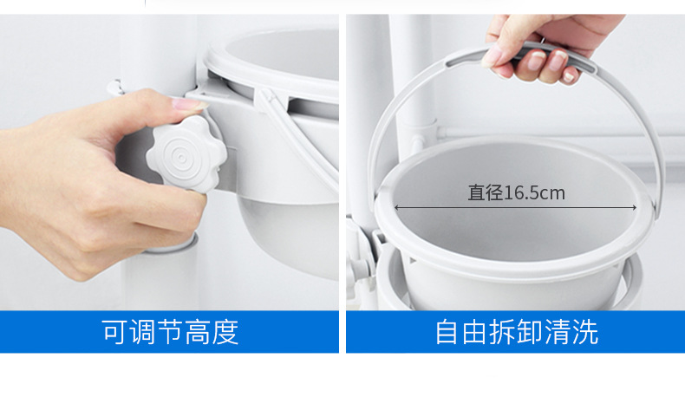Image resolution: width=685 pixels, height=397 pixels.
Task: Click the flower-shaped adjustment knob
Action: [x=186, y=153]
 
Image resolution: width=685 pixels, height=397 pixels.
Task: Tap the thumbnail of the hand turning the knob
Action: [x=169, y=162]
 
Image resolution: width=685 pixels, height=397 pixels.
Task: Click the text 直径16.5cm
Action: [x=517, y=192]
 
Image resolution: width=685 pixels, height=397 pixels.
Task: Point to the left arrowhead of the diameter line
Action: [x=396, y=207]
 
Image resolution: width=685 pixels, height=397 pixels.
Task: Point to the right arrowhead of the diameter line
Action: [x=635, y=207]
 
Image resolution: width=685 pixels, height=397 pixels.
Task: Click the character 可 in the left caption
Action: [x=115, y=332]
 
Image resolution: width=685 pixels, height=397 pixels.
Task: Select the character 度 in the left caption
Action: [x=225, y=332]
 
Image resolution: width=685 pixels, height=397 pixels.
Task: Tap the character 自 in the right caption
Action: [x=447, y=332]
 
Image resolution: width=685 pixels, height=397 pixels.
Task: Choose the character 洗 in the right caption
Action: [x=584, y=332]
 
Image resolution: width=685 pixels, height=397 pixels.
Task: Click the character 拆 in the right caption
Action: [x=502, y=332]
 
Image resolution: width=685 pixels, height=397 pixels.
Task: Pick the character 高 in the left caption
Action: [x=198, y=332]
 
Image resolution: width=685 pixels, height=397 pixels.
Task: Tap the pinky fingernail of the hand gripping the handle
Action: [x=568, y=77]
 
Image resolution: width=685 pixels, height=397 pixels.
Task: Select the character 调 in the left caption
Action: [x=143, y=332]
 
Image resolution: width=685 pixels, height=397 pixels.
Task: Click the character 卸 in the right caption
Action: [x=530, y=332]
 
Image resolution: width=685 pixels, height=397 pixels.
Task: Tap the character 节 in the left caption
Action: [x=170, y=332]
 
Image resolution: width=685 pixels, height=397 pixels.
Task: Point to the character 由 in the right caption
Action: [x=475, y=332]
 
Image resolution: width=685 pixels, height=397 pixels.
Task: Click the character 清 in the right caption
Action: [x=557, y=332]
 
